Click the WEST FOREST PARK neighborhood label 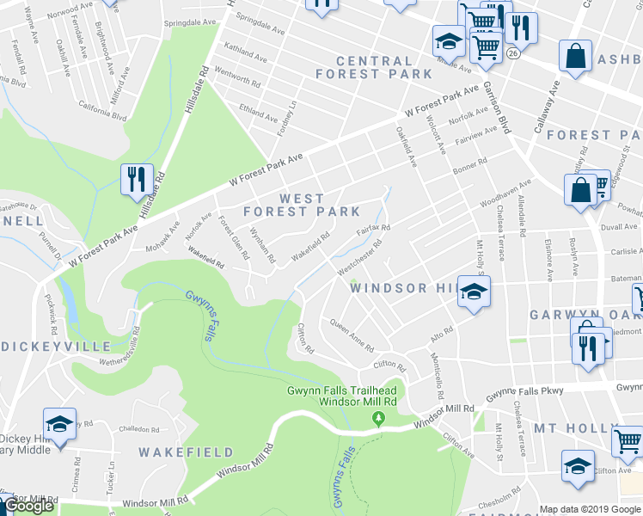(x=301, y=205)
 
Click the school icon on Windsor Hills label (x=471, y=293)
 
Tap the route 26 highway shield (x=513, y=52)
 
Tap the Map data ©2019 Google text (x=590, y=509)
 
